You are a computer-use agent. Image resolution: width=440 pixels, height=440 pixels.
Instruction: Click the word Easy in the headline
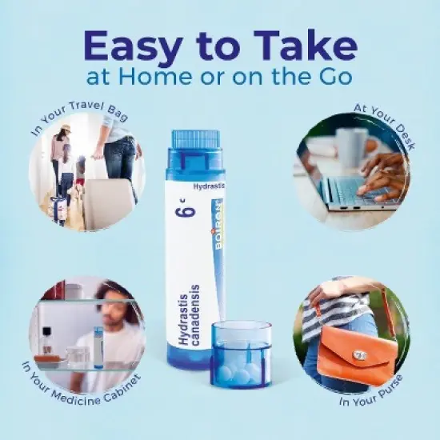click(132, 46)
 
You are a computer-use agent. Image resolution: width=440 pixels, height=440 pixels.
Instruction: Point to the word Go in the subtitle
click(336, 76)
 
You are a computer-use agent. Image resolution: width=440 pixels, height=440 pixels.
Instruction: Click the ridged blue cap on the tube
click(195, 141)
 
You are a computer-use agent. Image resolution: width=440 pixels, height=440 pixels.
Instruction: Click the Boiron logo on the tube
click(218, 224)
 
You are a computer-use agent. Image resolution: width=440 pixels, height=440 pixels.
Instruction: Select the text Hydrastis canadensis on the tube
click(190, 315)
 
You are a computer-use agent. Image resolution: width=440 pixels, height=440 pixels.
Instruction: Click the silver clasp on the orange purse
click(360, 356)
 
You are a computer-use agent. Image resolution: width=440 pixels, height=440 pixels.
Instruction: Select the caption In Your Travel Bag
click(79, 117)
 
